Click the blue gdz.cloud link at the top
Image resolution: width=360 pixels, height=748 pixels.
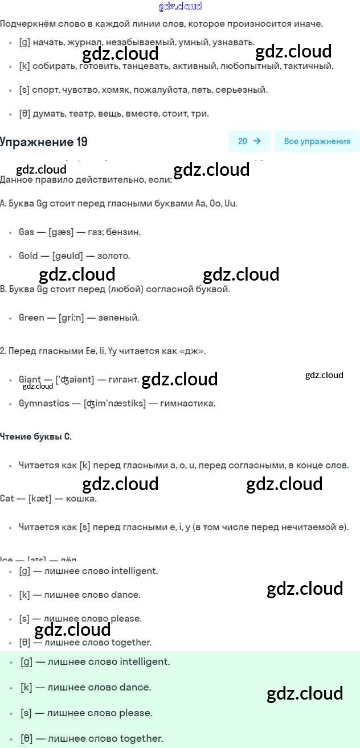(x=179, y=7)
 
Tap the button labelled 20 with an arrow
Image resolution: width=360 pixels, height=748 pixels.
(x=249, y=141)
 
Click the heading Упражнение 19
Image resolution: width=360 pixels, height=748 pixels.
(x=44, y=142)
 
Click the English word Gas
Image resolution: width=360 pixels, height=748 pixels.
(x=27, y=232)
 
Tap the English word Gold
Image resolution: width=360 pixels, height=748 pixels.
(x=28, y=256)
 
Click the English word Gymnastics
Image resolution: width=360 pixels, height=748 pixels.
(x=44, y=404)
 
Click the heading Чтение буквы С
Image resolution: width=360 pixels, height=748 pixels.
(x=35, y=437)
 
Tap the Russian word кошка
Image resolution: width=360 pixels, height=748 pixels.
(x=81, y=499)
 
